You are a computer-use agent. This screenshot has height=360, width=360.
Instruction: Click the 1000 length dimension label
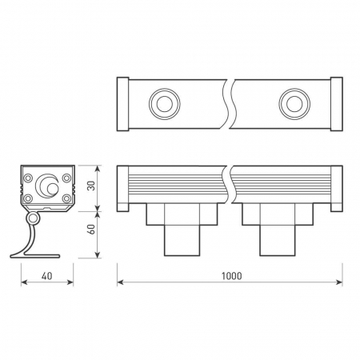click(232, 276)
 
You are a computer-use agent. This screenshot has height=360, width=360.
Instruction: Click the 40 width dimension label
click(47, 276)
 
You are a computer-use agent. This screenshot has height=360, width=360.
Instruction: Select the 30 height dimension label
click(91, 186)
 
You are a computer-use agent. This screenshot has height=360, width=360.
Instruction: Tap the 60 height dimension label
click(91, 230)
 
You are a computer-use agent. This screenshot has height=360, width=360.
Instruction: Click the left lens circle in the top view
click(165, 104)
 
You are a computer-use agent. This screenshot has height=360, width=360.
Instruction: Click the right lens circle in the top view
click(294, 104)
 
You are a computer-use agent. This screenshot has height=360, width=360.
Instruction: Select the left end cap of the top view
click(123, 104)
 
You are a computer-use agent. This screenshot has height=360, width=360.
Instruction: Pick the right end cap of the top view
click(337, 104)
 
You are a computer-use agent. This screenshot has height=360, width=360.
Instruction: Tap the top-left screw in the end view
click(28, 178)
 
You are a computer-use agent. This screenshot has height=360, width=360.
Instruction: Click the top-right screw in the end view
click(66, 178)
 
